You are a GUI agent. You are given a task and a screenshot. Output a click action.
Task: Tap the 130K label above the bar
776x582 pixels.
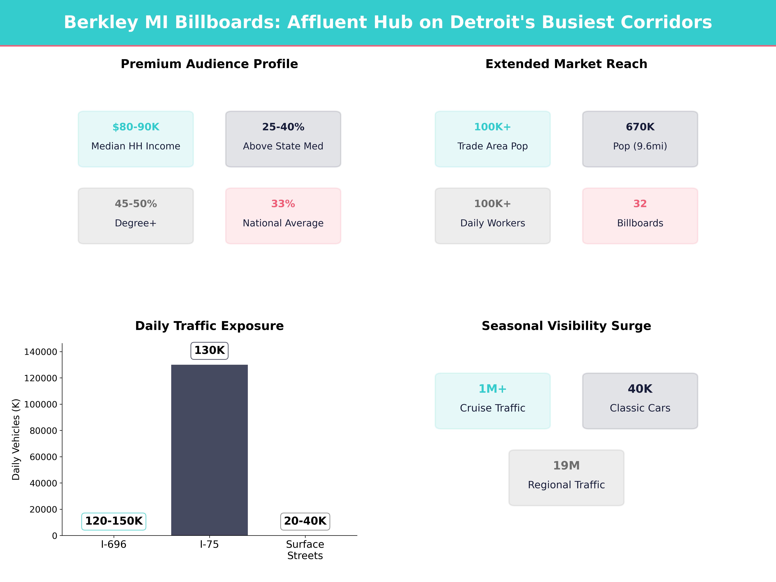tap(209, 350)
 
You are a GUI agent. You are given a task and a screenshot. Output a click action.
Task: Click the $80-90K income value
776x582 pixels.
tap(136, 127)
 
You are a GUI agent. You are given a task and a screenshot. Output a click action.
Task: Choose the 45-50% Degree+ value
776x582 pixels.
tap(136, 204)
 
